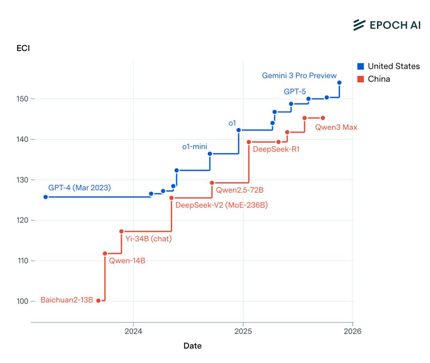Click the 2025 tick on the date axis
coord(243,331)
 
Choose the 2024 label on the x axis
coord(133,331)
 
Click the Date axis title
coord(192,345)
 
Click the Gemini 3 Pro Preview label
coord(299,75)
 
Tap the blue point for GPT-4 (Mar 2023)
coord(45,197)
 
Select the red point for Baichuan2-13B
coord(98,301)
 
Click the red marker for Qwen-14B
coord(105,254)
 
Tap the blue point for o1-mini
coord(210,154)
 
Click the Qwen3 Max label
coord(336,128)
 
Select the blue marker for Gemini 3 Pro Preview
coord(339,83)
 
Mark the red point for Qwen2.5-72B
coord(212,183)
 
